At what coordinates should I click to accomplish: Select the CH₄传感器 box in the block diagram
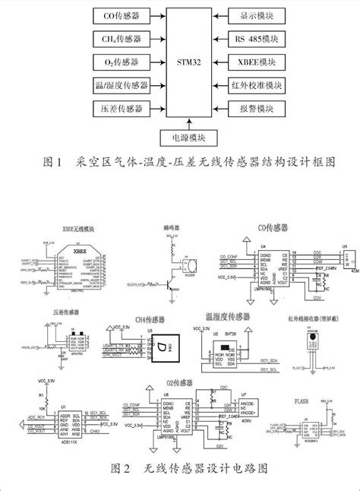[x=122, y=38]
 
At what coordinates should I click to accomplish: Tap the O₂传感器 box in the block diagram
[x=122, y=62]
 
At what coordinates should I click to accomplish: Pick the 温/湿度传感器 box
[x=122, y=84]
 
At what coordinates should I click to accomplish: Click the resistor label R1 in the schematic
[x=40, y=396]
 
